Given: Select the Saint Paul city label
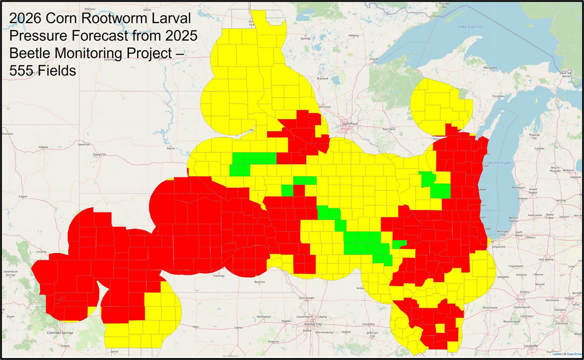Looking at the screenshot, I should (x=351, y=124).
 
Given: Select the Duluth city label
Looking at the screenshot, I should (x=374, y=59).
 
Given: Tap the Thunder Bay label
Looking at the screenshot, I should (x=444, y=5).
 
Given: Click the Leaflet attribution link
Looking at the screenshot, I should (x=557, y=354).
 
